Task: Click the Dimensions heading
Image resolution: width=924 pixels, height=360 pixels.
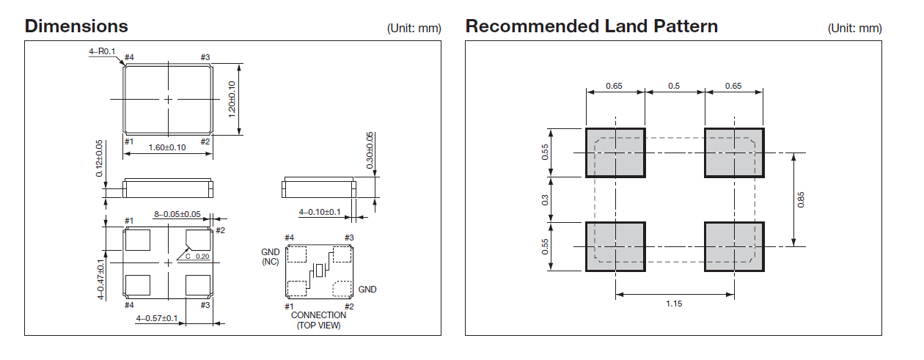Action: click(x=76, y=26)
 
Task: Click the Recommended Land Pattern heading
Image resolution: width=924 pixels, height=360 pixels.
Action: click(x=591, y=26)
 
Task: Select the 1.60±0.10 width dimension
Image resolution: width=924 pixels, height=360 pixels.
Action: click(x=168, y=147)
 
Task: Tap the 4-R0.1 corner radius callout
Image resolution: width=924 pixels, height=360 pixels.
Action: click(x=102, y=51)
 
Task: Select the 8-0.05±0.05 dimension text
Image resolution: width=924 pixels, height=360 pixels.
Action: click(x=177, y=214)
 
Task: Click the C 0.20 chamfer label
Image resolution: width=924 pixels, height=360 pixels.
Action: click(x=197, y=257)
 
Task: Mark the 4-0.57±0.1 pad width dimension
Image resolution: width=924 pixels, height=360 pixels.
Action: click(x=157, y=318)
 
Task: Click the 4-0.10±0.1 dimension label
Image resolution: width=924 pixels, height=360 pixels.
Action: click(x=319, y=212)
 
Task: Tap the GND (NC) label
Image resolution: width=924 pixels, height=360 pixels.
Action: click(x=271, y=257)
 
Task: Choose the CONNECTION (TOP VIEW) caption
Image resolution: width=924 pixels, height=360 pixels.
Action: click(x=318, y=320)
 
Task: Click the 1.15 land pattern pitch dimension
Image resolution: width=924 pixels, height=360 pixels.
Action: click(x=674, y=304)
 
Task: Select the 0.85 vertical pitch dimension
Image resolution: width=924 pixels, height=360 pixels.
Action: click(x=802, y=199)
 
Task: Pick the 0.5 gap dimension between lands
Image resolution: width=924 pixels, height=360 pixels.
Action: click(x=674, y=86)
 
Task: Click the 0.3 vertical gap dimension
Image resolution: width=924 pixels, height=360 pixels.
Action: click(x=545, y=199)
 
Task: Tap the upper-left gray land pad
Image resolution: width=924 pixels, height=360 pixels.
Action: click(x=615, y=153)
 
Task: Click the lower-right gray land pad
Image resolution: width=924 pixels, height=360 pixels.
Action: click(x=734, y=246)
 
